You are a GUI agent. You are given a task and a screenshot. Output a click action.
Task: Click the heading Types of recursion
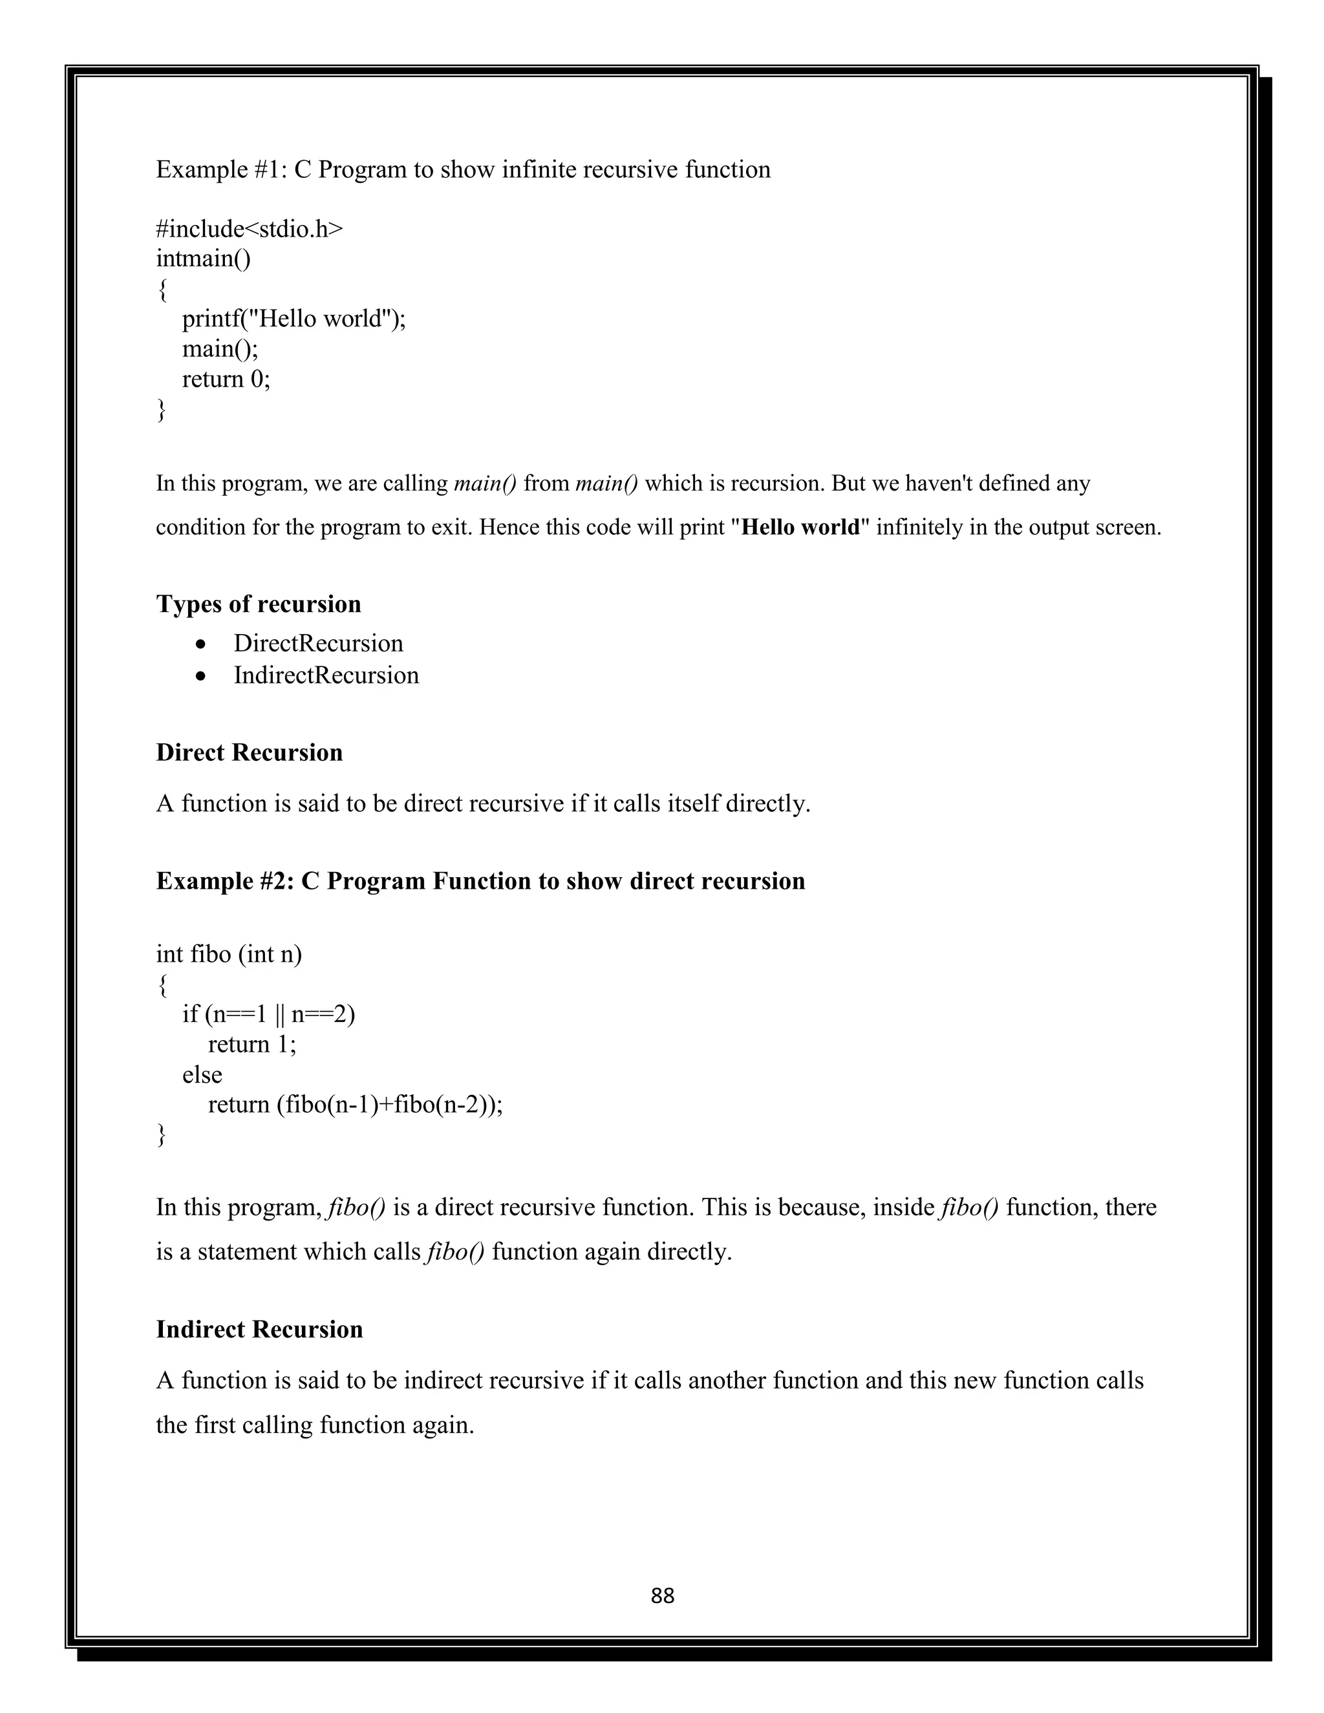click(258, 604)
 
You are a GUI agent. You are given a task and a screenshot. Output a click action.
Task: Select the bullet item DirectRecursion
click(317, 643)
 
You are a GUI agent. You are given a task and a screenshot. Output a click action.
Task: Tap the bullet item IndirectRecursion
click(326, 676)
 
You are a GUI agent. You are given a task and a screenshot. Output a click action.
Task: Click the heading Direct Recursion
click(249, 752)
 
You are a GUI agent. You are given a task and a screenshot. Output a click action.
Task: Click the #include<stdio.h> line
click(250, 229)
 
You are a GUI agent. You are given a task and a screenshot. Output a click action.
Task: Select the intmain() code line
click(203, 259)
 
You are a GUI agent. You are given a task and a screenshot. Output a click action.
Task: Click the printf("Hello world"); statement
click(294, 319)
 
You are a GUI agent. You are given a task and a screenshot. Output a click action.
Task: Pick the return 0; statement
click(226, 379)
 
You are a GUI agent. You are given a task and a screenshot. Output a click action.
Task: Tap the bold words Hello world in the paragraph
click(800, 527)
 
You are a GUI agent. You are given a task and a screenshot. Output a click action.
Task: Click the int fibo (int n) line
click(228, 955)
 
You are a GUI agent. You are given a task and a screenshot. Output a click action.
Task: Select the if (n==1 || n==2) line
click(268, 1015)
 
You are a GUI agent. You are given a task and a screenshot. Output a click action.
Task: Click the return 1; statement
click(251, 1045)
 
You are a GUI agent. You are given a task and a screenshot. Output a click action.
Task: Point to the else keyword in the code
click(202, 1074)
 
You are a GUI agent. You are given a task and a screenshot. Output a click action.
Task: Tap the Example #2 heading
click(480, 881)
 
